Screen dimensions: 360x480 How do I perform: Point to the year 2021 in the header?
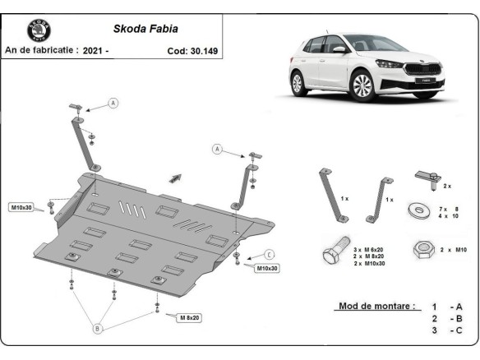point(92,50)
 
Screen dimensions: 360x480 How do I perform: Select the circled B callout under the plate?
point(97,329)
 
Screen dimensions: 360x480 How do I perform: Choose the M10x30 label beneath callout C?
point(267,268)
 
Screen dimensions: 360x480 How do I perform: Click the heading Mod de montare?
point(376,306)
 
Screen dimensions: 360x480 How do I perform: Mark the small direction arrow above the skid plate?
point(175,177)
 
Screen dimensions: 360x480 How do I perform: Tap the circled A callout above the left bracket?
point(113,103)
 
